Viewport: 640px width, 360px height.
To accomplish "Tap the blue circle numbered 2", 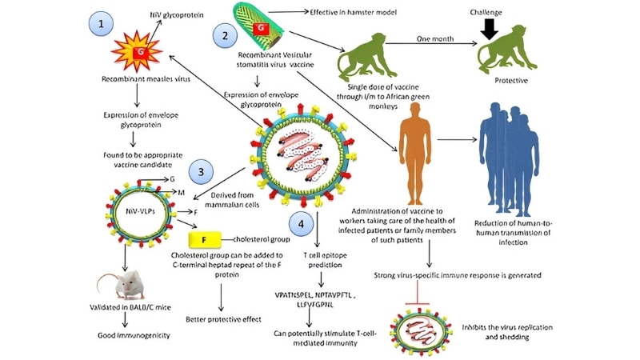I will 225,34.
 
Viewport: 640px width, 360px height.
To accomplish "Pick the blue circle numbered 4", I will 300,225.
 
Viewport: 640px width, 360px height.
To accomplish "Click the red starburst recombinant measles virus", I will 139,53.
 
